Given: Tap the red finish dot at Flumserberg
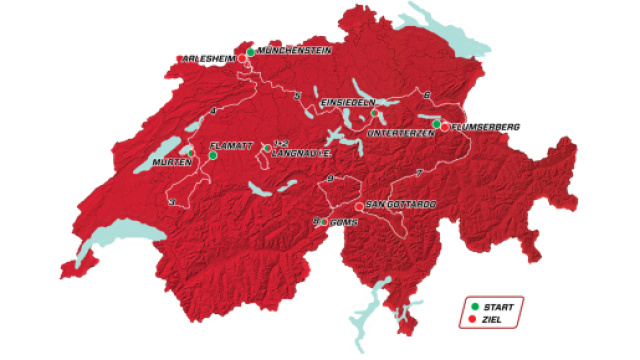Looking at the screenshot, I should click(x=444, y=127).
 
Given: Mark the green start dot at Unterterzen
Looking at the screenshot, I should click(x=437, y=122).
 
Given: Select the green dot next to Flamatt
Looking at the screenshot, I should click(x=213, y=155).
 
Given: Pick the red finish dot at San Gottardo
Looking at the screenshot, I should click(x=359, y=206).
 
